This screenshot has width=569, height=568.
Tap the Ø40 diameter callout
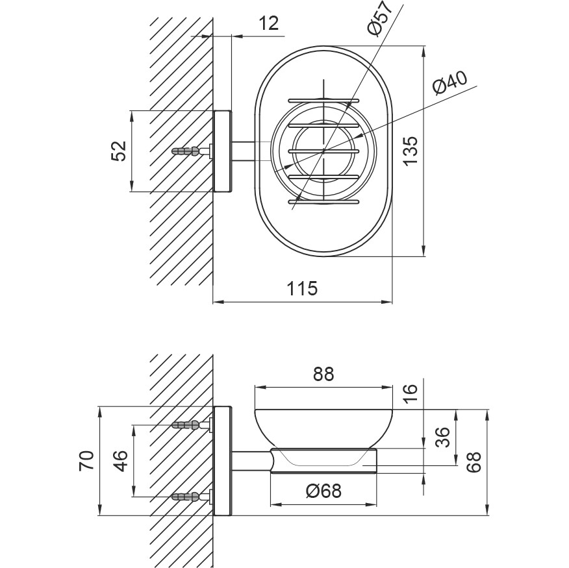(448, 84)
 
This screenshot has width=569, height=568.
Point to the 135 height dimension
(410, 151)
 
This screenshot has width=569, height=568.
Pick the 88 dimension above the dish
(323, 375)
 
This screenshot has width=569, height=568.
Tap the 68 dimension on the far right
(474, 462)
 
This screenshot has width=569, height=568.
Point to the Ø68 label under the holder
(323, 491)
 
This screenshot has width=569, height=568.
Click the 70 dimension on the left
(88, 462)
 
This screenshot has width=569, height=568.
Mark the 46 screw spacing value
(120, 461)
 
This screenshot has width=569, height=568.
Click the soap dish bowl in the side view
(323, 425)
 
